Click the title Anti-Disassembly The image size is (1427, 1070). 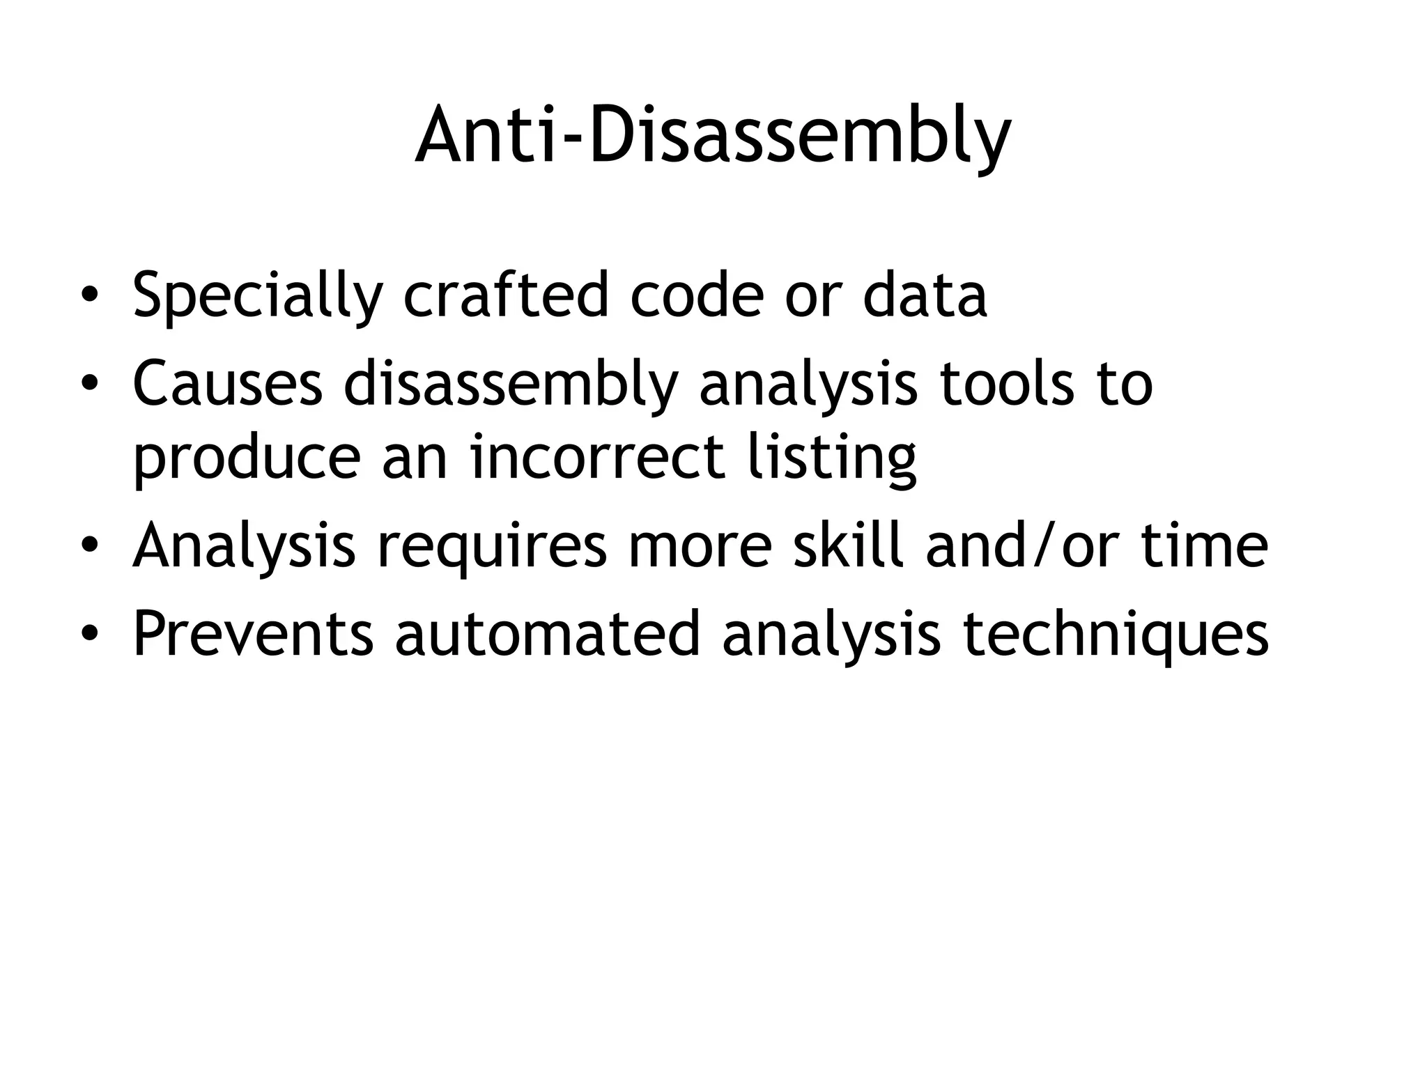click(x=713, y=136)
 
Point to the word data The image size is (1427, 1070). click(x=925, y=295)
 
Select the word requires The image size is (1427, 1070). click(x=492, y=548)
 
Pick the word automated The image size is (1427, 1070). click(x=548, y=634)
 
